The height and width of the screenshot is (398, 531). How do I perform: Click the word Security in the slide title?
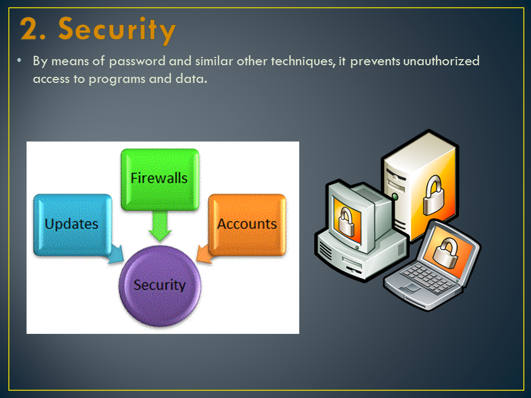tap(117, 30)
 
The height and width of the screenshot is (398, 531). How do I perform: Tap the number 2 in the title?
tap(32, 30)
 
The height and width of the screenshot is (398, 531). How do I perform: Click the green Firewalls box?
tap(159, 178)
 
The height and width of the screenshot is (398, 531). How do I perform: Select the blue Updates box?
tap(71, 223)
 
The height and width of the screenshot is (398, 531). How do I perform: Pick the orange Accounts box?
tap(247, 223)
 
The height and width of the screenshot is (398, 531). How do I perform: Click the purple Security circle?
tap(159, 285)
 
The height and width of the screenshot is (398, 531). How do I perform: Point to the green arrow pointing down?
tap(160, 227)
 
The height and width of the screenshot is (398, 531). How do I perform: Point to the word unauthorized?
tap(441, 61)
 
